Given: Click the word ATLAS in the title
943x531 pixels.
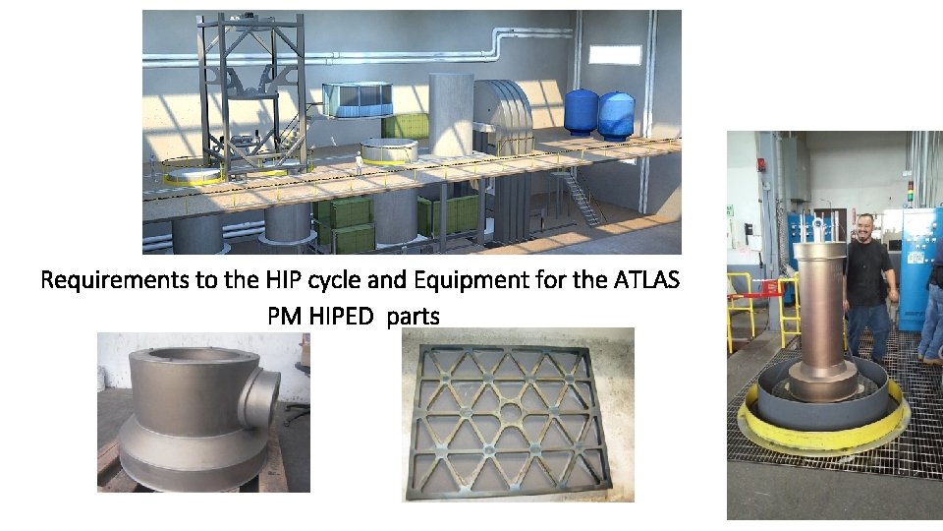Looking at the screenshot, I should [645, 280].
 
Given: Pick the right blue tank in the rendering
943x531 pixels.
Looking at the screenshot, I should [616, 113].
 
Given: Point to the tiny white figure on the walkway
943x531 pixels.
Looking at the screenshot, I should [360, 165].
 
